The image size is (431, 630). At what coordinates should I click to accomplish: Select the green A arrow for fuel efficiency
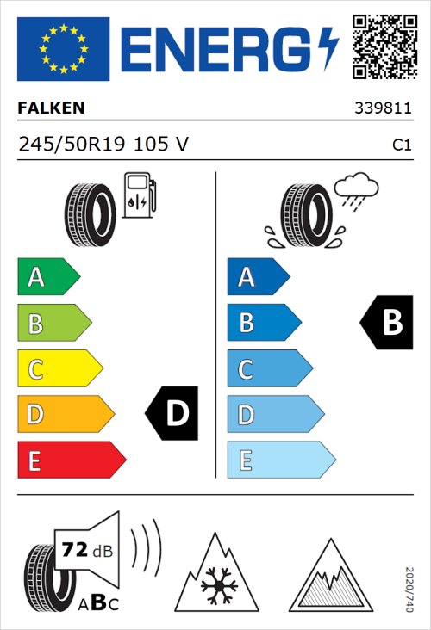click(47, 277)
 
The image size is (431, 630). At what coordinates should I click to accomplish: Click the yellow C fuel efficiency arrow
click(59, 369)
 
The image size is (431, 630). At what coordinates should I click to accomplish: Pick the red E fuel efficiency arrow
click(70, 460)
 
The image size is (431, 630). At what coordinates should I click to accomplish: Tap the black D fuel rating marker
click(172, 414)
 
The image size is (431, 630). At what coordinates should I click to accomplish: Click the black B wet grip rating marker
click(385, 323)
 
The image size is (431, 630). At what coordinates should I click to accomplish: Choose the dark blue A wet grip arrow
click(257, 277)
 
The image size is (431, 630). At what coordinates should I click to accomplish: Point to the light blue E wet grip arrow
click(279, 460)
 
